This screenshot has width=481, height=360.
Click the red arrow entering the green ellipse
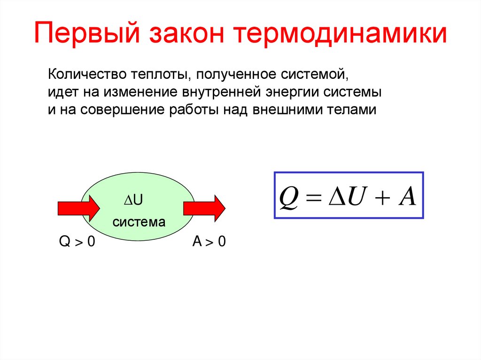point(78,208)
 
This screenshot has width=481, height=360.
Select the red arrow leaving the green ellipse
point(204,208)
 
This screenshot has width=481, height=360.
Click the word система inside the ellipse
point(139,222)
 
